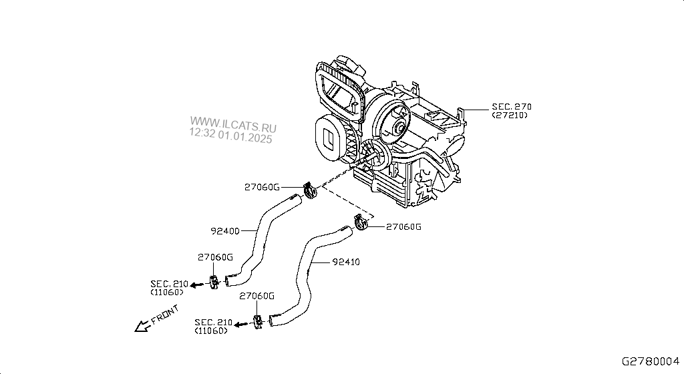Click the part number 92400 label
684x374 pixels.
click(225, 232)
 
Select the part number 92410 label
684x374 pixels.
click(346, 262)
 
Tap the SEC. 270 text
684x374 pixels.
click(512, 106)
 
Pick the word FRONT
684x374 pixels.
click(164, 315)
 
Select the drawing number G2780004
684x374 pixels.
click(651, 361)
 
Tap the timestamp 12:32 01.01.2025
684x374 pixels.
click(231, 138)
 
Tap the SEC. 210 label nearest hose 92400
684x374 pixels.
click(169, 284)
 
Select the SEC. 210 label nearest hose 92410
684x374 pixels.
click(214, 323)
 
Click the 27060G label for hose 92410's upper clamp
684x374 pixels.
click(405, 227)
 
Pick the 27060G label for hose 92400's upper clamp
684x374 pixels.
click(262, 187)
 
